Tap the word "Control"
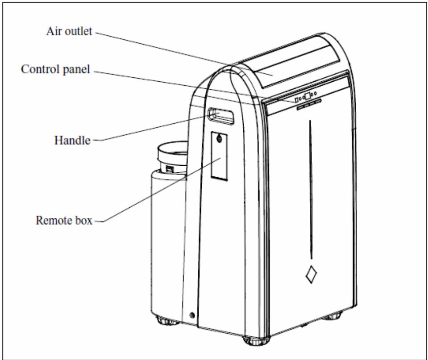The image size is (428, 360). [41, 69]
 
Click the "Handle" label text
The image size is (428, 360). [72, 140]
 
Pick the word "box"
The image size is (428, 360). [81, 221]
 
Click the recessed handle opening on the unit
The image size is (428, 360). [221, 116]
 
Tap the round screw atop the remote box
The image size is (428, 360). [219, 138]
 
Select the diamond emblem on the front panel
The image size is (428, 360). [311, 274]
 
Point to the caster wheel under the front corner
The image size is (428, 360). [256, 340]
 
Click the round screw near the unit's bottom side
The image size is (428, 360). [192, 315]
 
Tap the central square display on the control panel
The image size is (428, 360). [307, 96]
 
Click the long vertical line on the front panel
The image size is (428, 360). [311, 189]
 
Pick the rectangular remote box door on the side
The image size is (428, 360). [219, 156]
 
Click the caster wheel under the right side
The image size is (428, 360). [332, 317]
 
